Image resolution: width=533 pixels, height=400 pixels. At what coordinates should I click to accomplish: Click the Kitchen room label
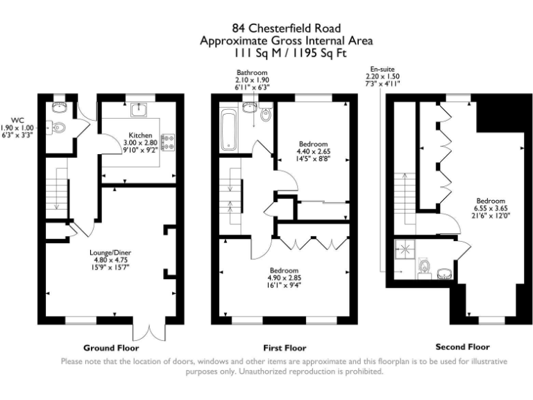(140, 135)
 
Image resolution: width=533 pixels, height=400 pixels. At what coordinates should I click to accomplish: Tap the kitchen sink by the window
(139, 109)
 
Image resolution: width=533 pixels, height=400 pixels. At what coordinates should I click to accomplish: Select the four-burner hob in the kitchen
(169, 142)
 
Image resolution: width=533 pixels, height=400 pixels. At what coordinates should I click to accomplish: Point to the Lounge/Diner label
(110, 253)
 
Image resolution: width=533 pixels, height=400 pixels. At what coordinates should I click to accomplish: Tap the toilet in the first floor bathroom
(266, 112)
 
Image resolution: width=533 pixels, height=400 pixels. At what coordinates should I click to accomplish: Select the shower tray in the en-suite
(405, 249)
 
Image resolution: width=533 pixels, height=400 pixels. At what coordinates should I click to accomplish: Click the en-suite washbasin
(444, 274)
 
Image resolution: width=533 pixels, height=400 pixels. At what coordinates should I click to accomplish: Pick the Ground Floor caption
(111, 348)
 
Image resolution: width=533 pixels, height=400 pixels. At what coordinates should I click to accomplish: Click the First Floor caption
(285, 348)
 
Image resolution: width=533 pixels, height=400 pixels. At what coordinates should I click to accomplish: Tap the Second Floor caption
(463, 347)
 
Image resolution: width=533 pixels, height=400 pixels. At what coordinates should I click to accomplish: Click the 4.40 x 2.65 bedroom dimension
(314, 151)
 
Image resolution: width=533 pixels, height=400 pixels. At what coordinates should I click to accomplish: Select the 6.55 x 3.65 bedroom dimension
(491, 208)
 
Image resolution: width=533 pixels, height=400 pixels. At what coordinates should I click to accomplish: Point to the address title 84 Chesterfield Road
(286, 28)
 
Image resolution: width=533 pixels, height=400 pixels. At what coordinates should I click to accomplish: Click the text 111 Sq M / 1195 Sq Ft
(289, 53)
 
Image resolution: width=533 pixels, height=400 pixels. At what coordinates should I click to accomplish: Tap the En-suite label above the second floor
(382, 69)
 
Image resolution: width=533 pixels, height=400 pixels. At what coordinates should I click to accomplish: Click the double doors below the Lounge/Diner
(149, 331)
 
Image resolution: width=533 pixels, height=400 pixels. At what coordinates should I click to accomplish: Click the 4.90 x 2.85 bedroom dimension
(284, 278)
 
